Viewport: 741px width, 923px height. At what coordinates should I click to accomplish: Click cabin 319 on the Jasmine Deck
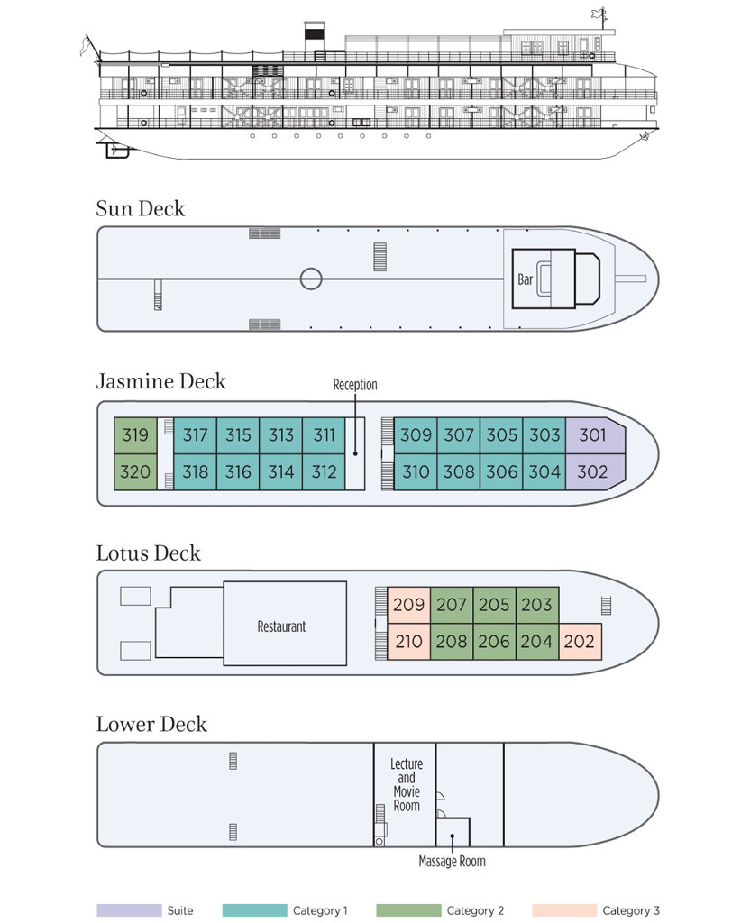coord(135,435)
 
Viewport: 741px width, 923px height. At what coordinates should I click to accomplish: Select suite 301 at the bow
coord(594,435)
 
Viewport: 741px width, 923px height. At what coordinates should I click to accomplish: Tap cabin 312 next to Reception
coord(324,472)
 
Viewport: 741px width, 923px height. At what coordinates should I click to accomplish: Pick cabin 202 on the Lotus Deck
coord(580,642)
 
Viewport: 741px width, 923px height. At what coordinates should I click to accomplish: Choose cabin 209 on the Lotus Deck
coord(409,605)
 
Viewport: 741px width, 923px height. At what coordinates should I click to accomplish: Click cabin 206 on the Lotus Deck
coord(494,642)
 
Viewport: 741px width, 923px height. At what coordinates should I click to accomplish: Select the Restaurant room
coord(285,624)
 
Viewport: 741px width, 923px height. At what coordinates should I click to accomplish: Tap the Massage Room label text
coord(452,861)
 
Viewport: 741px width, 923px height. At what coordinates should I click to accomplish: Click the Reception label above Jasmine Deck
coord(355,385)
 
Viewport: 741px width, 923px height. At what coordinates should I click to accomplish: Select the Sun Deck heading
coord(141,209)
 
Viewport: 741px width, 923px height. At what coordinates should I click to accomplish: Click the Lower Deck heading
coord(151,724)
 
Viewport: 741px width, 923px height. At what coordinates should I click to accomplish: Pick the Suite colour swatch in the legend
coord(130,910)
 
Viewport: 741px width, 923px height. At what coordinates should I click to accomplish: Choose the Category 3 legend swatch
coord(563,910)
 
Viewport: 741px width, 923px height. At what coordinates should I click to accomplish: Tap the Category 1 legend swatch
coord(255,910)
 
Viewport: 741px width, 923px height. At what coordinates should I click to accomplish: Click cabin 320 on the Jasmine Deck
coord(135,472)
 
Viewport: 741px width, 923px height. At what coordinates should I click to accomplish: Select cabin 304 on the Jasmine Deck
coord(544,472)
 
